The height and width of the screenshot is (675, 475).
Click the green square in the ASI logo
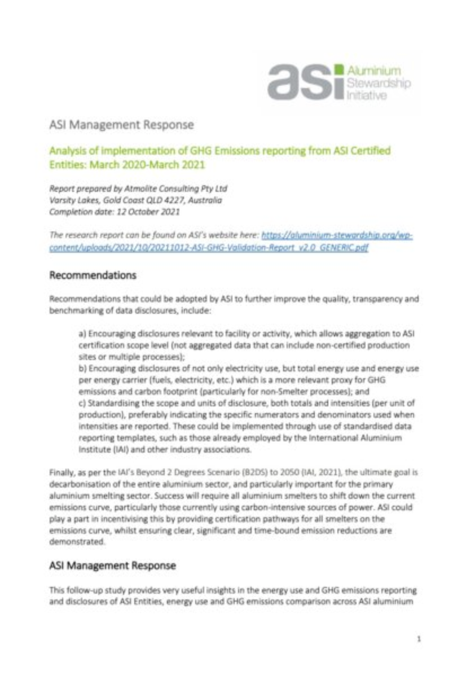(338, 69)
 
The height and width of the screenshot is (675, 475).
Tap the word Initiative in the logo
(366, 96)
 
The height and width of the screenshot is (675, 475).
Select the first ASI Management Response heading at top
(121, 125)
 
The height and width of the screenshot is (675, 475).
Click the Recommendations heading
(93, 275)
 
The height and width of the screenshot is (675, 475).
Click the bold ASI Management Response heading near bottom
(113, 565)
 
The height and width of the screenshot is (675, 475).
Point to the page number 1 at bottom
(419, 639)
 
